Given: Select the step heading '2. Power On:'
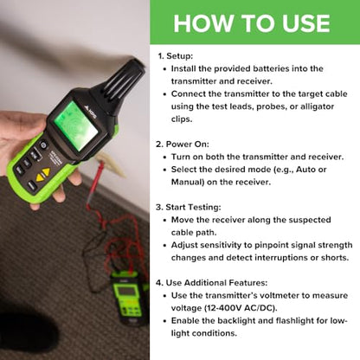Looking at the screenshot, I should point(192,145).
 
